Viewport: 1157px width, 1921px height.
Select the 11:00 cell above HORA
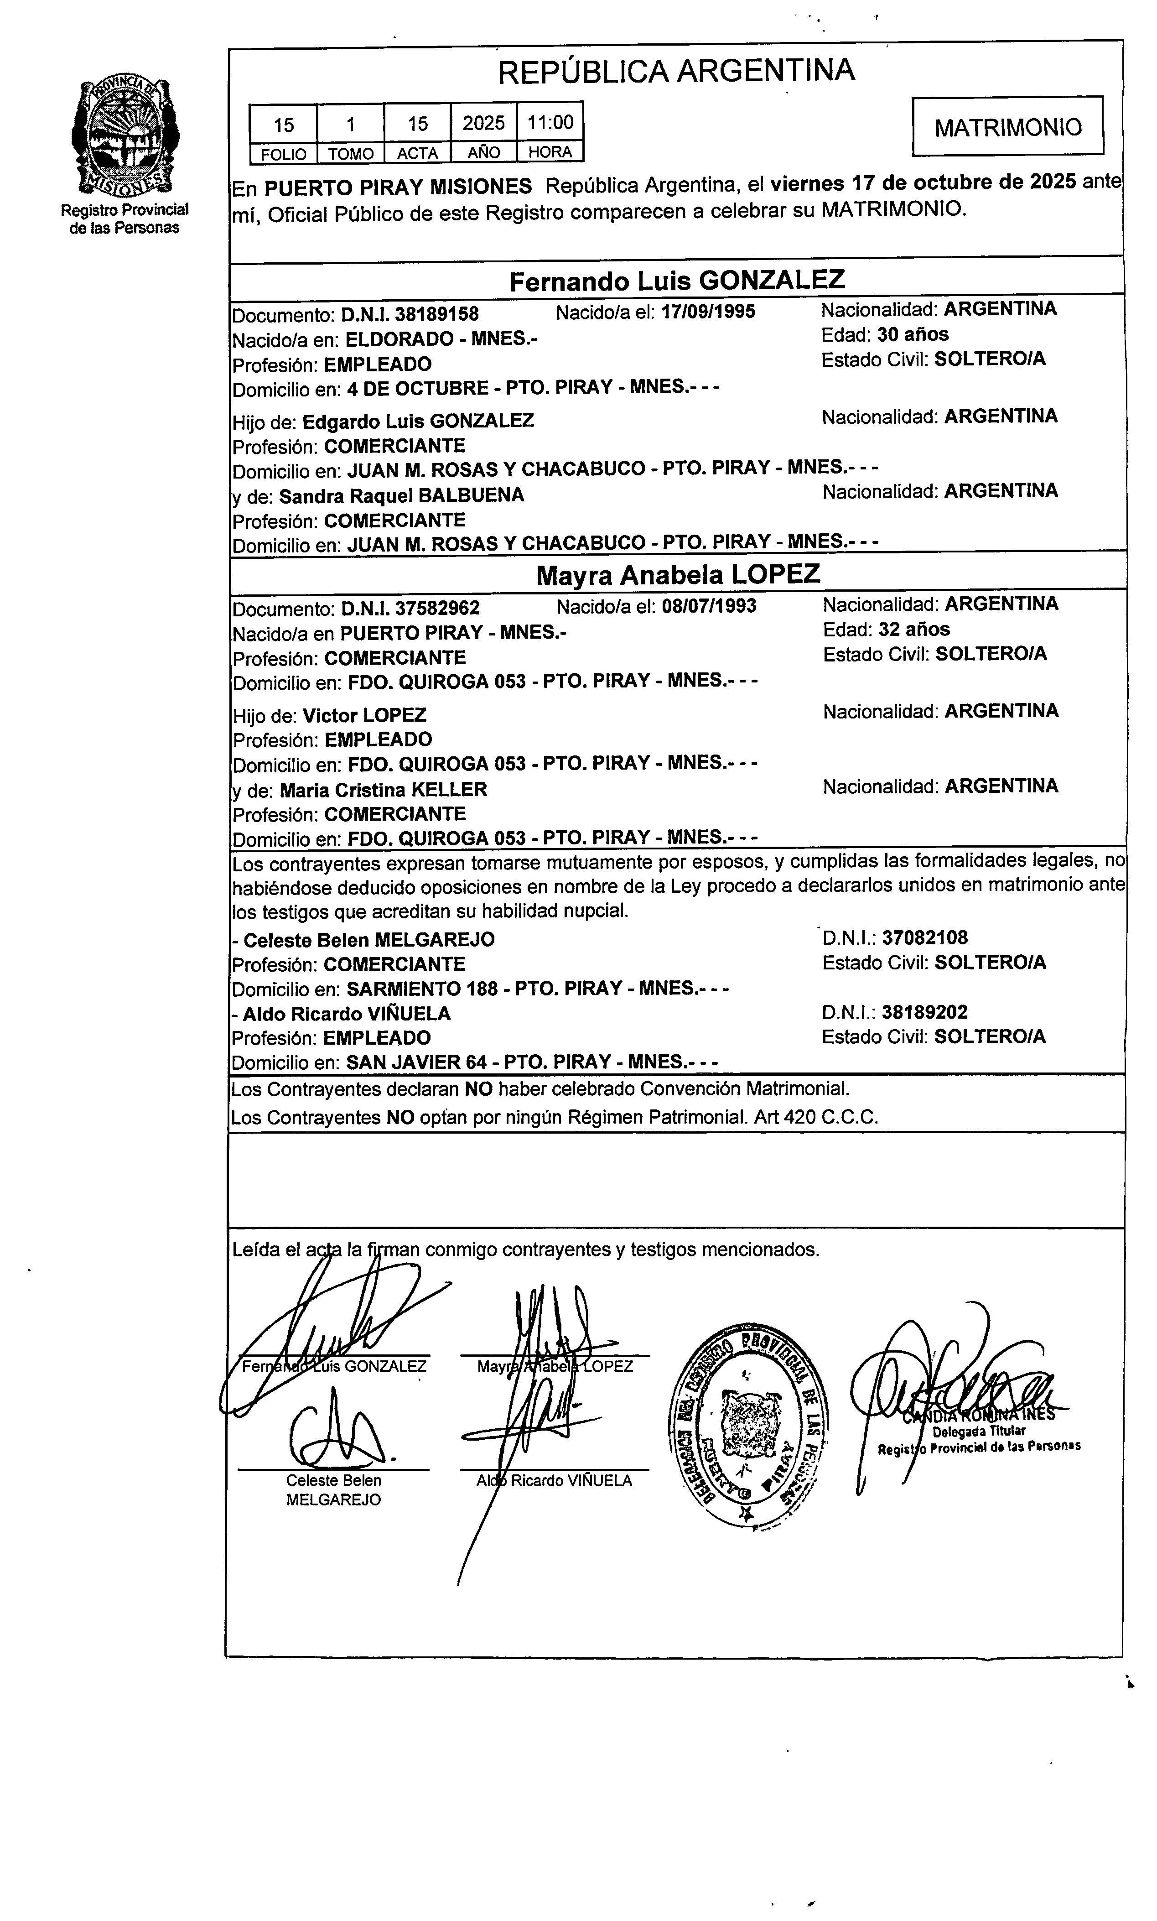tap(550, 122)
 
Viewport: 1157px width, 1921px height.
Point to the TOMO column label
tap(351, 154)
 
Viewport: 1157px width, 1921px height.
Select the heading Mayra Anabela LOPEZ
tap(678, 575)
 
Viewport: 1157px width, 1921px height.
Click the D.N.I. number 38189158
tap(436, 314)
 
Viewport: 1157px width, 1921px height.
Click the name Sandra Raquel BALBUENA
tap(401, 496)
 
